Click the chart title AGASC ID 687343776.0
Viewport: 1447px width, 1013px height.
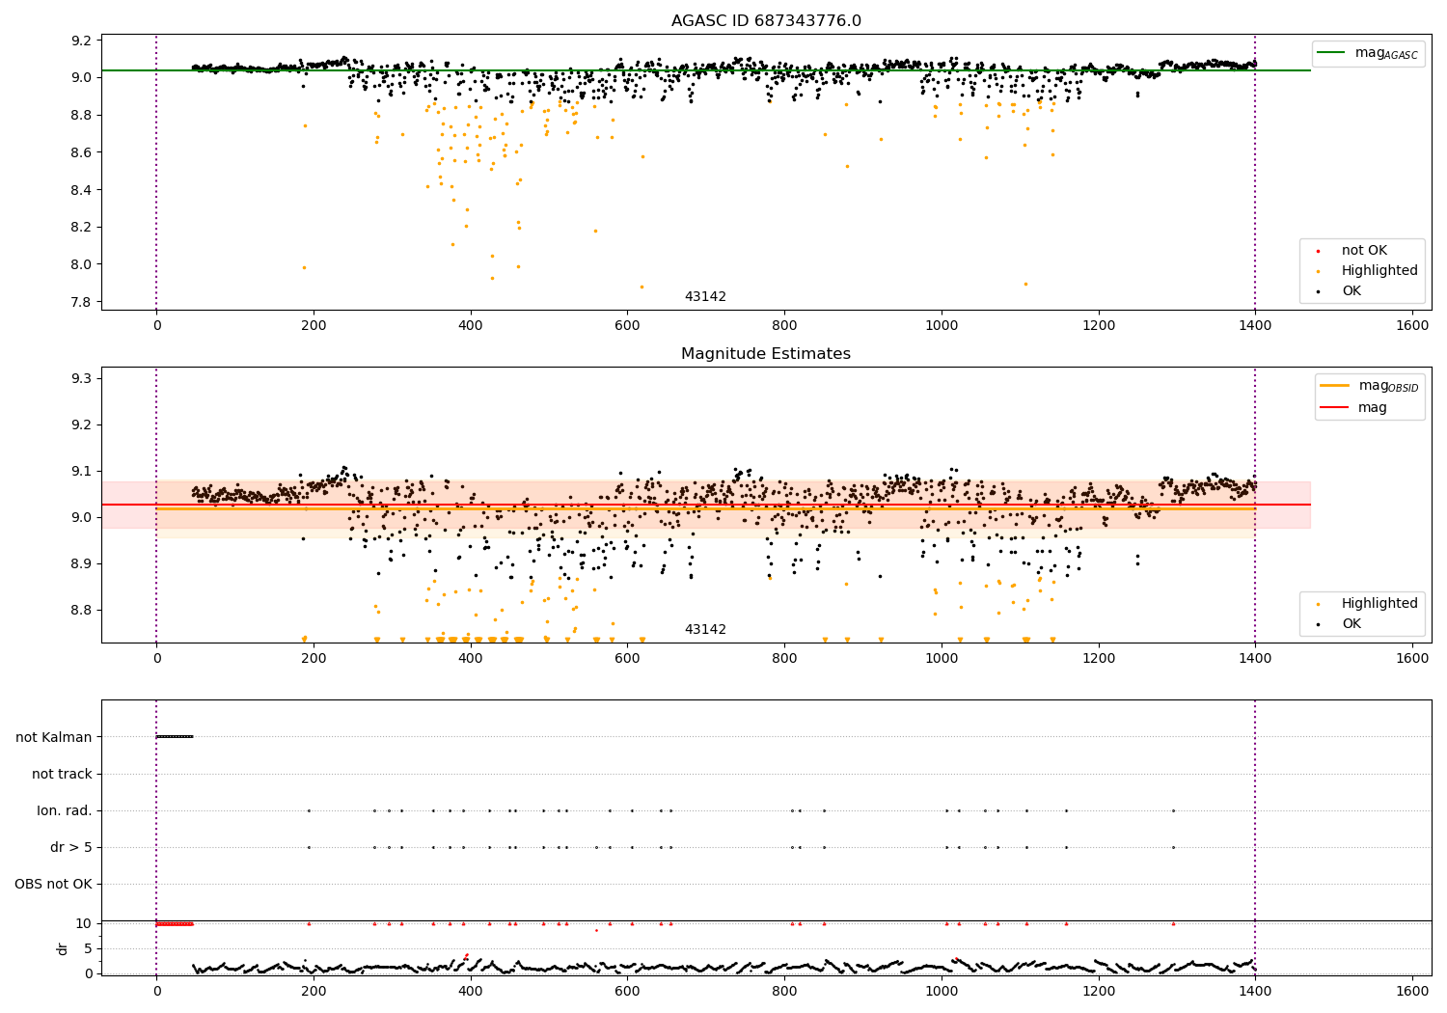coord(766,21)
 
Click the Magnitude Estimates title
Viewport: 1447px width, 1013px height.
coord(766,354)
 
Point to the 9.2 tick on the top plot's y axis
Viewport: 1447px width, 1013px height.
coord(80,41)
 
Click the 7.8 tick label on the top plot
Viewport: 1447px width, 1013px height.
coord(80,302)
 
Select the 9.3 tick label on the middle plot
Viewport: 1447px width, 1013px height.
coord(80,378)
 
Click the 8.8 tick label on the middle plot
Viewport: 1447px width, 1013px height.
coord(80,610)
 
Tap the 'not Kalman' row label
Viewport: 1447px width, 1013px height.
coord(54,737)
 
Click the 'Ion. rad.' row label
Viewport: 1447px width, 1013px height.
coord(65,810)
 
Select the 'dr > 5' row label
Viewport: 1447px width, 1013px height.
coord(70,847)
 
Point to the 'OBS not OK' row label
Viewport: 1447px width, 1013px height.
coord(53,884)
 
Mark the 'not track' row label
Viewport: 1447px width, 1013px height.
coord(62,774)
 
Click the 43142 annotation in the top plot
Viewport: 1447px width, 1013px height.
coord(705,296)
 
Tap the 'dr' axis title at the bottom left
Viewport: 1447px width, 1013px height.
coord(63,948)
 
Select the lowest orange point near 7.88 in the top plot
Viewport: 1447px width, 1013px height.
coord(642,287)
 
